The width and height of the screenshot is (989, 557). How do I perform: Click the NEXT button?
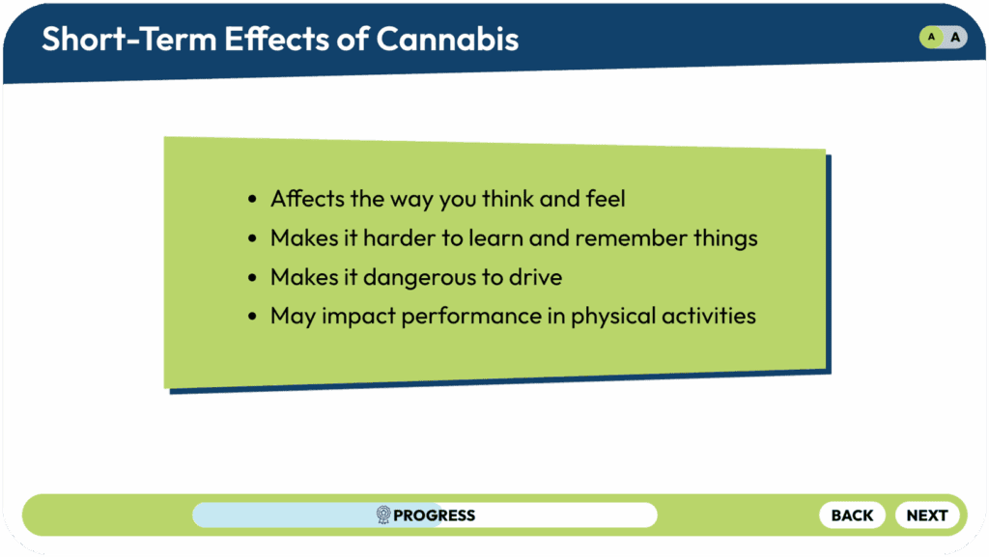[x=927, y=515]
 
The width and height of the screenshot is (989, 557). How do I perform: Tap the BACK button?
[x=852, y=515]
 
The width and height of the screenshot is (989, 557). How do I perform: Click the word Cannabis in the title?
[x=448, y=39]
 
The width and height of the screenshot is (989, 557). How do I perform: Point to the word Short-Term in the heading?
[x=129, y=39]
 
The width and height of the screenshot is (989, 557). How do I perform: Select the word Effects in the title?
[x=277, y=39]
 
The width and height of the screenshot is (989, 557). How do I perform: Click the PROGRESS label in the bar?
[x=434, y=515]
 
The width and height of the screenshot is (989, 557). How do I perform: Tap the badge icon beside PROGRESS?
[x=382, y=515]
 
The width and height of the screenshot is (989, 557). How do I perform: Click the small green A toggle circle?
[x=931, y=38]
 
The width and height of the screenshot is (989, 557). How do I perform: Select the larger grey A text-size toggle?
[x=955, y=38]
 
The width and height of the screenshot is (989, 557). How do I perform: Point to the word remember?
[x=631, y=238]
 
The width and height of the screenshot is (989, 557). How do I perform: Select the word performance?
[x=471, y=317]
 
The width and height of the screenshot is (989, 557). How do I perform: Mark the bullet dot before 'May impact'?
[x=252, y=317]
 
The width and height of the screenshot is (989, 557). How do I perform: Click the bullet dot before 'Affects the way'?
[x=252, y=200]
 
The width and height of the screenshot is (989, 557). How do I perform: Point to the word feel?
[x=606, y=199]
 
